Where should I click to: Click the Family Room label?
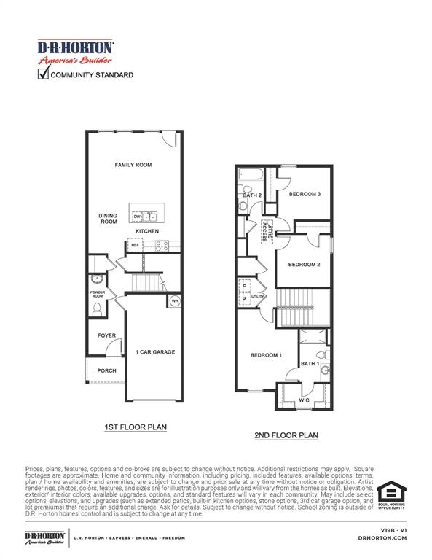coord(133,166)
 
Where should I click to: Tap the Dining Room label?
coord(108,219)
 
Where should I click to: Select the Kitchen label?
coord(147,231)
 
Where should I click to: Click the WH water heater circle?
coord(174,301)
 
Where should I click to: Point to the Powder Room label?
coord(97,294)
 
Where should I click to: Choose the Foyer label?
coord(106,335)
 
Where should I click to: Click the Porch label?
coord(106,370)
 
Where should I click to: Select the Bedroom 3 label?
coord(305,195)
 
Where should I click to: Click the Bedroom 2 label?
coord(304,264)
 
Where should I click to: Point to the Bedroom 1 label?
coord(266,355)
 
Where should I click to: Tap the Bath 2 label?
coord(252,195)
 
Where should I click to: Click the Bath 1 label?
coord(310,363)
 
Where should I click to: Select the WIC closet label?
coord(305,400)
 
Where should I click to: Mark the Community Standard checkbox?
coord(43,74)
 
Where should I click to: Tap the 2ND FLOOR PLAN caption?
coord(286,435)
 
